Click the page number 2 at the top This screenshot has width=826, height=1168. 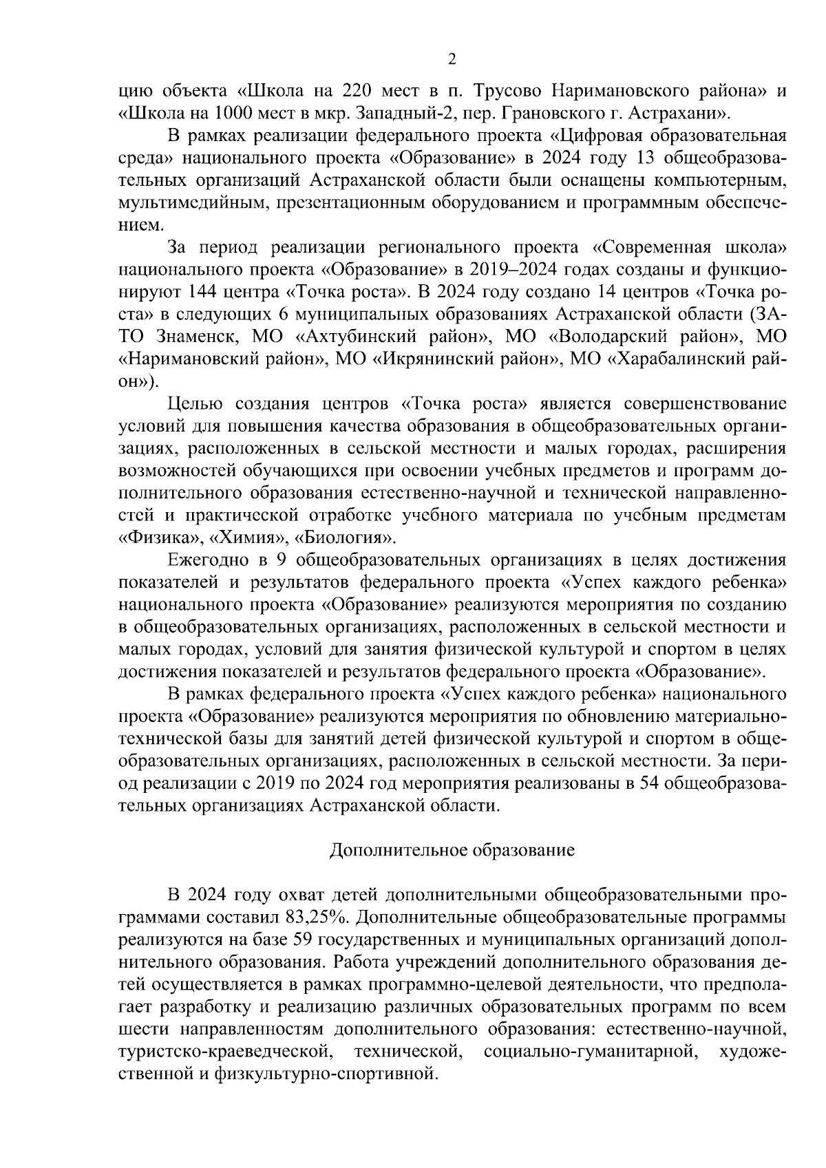coord(452,59)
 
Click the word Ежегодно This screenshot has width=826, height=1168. coord(209,560)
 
